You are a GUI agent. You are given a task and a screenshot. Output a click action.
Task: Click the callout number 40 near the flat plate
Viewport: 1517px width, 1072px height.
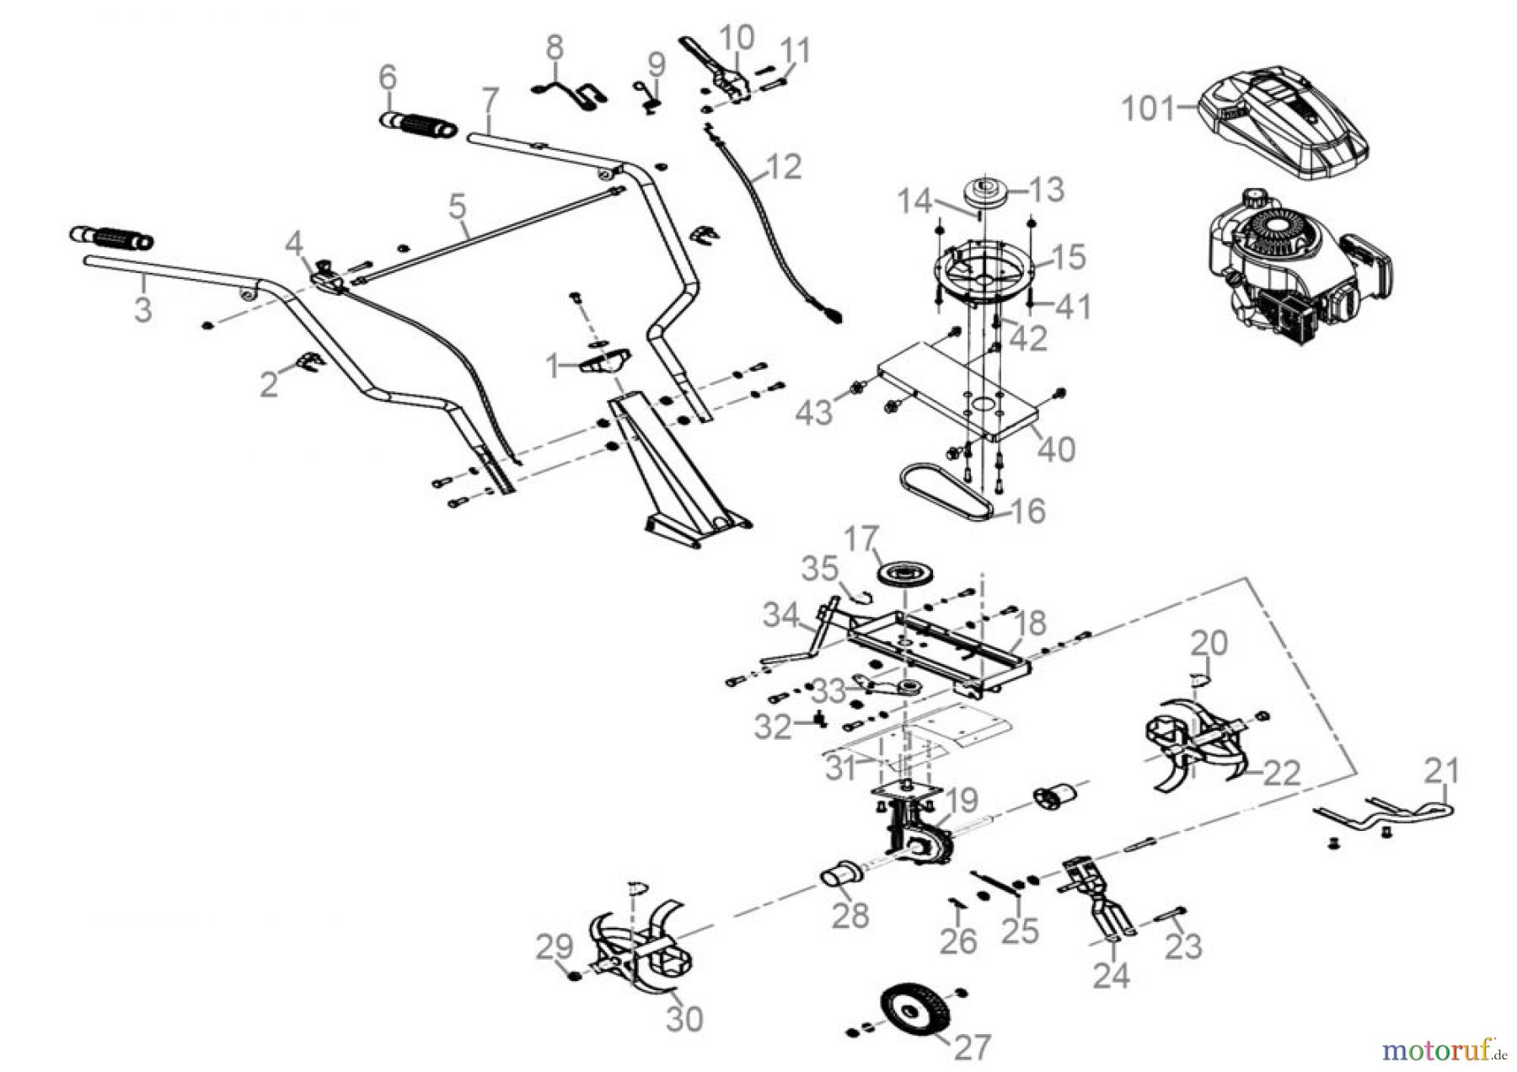1055,448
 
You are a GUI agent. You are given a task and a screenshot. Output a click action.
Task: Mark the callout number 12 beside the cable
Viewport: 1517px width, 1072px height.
783,167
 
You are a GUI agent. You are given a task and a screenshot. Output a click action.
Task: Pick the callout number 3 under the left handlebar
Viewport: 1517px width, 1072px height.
143,308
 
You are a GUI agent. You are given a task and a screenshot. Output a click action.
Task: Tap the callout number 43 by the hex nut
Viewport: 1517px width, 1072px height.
814,412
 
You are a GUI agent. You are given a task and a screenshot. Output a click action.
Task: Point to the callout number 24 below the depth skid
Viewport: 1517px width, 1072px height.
1111,977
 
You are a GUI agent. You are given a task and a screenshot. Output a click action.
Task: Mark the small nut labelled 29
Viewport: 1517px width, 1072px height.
574,976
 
